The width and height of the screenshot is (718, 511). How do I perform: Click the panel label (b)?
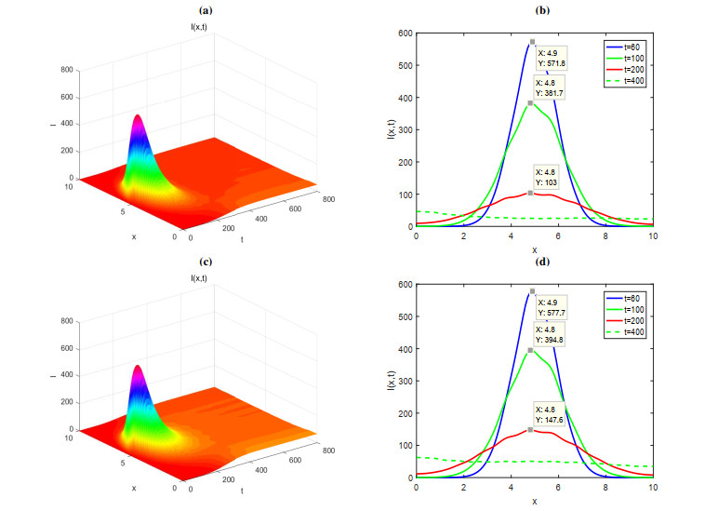pos(540,10)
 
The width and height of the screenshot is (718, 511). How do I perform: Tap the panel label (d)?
pos(540,262)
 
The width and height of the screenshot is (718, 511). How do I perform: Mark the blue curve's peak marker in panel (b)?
pos(532,42)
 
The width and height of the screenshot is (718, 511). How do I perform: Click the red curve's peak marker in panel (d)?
pos(530,430)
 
